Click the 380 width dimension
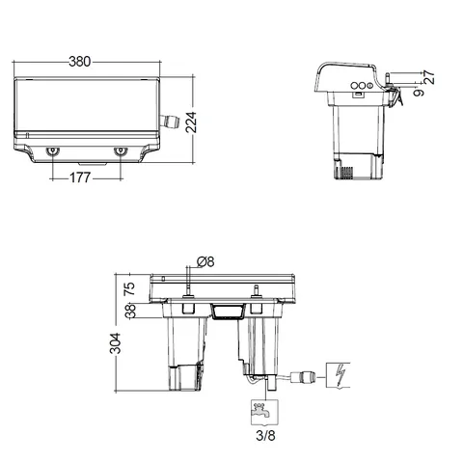click(80, 62)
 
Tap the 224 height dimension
click(191, 122)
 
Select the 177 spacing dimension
click(80, 177)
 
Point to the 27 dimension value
click(428, 77)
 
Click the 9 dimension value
click(419, 93)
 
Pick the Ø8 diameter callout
click(205, 261)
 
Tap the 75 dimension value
click(130, 288)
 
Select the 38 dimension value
click(130, 311)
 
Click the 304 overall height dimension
click(115, 343)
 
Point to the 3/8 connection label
click(266, 436)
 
